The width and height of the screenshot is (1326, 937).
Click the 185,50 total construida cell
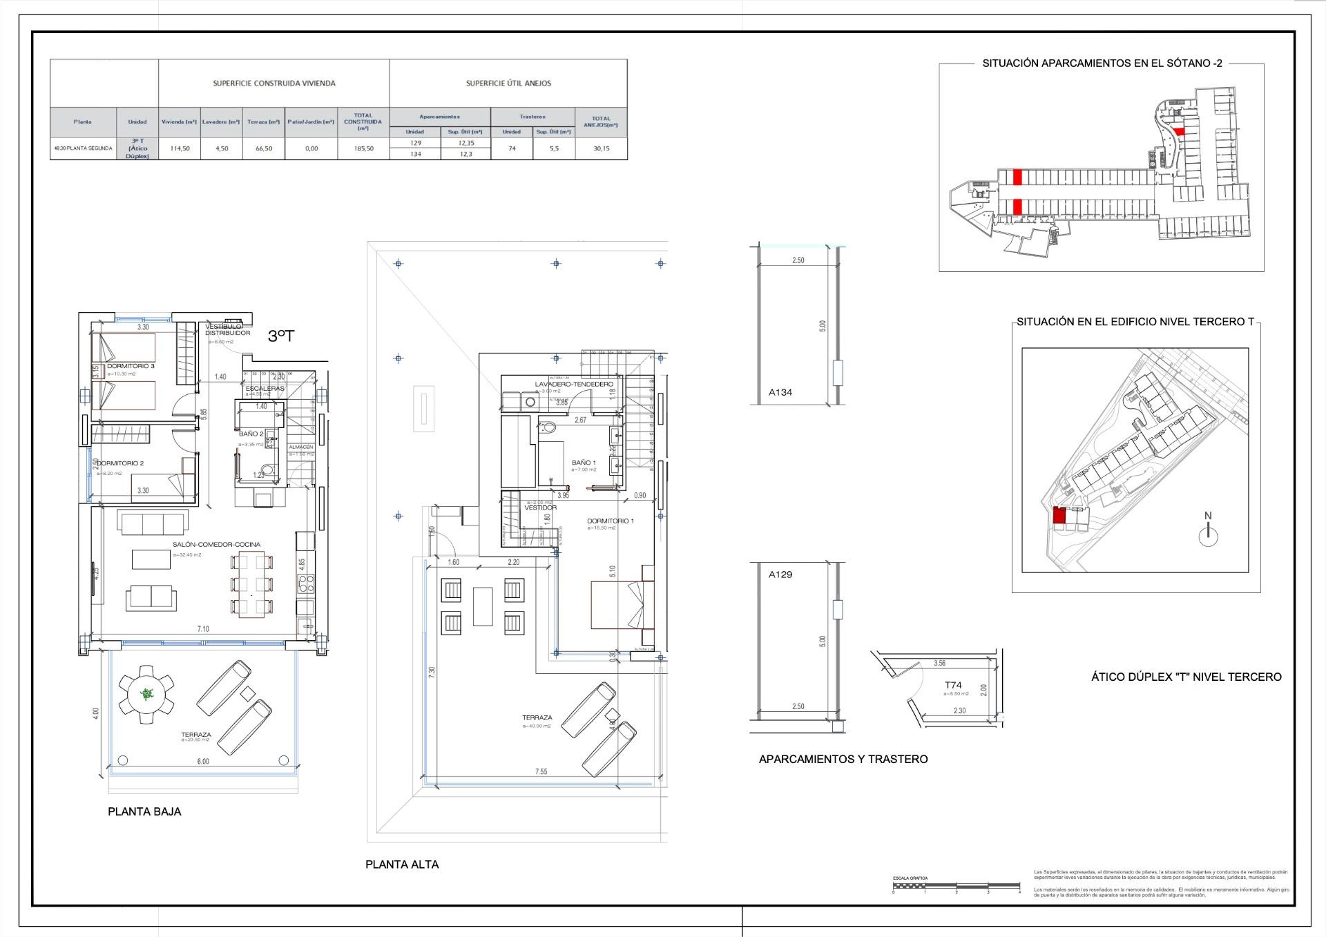pos(363,148)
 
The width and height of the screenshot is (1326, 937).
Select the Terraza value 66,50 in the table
pos(263,148)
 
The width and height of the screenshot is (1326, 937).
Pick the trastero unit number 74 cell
pos(511,148)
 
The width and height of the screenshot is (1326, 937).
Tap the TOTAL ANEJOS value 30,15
pos(601,148)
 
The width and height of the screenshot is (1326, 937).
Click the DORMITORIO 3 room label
pos(131,366)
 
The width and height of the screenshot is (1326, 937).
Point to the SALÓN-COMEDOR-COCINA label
pos(216,544)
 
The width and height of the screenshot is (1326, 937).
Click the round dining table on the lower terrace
pos(146,694)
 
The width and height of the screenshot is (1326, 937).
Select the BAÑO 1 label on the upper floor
pos(584,463)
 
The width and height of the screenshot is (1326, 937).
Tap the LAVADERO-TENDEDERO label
pos(573,384)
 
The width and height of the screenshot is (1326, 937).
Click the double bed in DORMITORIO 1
pos(622,605)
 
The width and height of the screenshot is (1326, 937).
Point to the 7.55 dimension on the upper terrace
pos(540,771)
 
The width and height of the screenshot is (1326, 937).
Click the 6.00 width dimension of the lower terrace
pos(202,762)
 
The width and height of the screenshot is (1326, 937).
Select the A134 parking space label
pos(780,392)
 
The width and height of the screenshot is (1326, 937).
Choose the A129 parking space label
pos(780,574)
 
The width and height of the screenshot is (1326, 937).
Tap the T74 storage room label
pos(953,686)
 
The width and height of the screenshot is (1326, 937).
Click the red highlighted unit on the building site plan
pos(1059,515)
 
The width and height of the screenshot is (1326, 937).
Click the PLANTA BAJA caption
pos(144,811)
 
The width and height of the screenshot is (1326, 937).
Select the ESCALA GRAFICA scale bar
pos(956,885)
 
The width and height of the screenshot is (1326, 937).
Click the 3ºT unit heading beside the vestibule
pos(281,336)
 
